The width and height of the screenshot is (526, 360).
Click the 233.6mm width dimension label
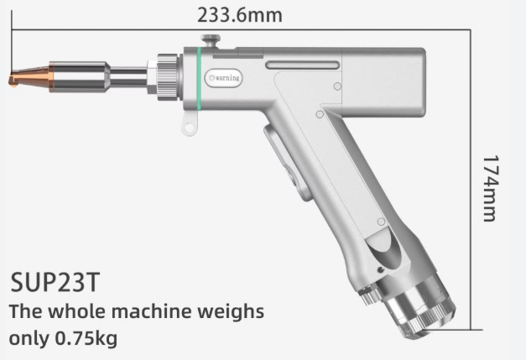[x=239, y=14]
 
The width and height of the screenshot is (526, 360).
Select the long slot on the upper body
[x=302, y=64]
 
